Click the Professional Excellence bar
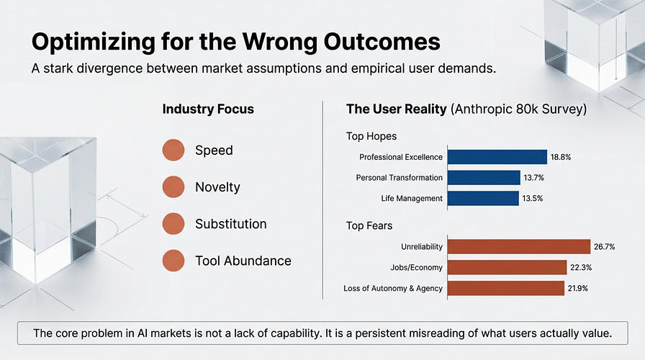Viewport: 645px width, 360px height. (497, 157)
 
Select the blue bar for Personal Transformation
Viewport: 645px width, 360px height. (484, 178)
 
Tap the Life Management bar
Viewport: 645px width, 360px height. (483, 198)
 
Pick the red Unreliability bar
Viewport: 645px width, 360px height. (519, 247)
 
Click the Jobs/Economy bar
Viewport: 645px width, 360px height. (508, 267)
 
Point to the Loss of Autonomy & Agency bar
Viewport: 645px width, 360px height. (506, 289)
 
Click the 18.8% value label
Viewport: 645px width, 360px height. (561, 157)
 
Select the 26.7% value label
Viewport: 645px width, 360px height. (604, 247)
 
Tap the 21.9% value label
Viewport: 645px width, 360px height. (577, 289)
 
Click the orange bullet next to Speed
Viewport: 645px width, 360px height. (173, 150)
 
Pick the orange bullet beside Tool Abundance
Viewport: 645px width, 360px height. (173, 261)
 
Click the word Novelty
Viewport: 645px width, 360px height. (217, 187)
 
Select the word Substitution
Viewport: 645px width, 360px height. (231, 224)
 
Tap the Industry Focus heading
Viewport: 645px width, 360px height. (208, 109)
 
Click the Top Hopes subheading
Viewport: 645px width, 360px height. (371, 136)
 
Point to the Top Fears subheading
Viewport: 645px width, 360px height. (369, 225)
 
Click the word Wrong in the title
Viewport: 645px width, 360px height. (280, 42)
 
